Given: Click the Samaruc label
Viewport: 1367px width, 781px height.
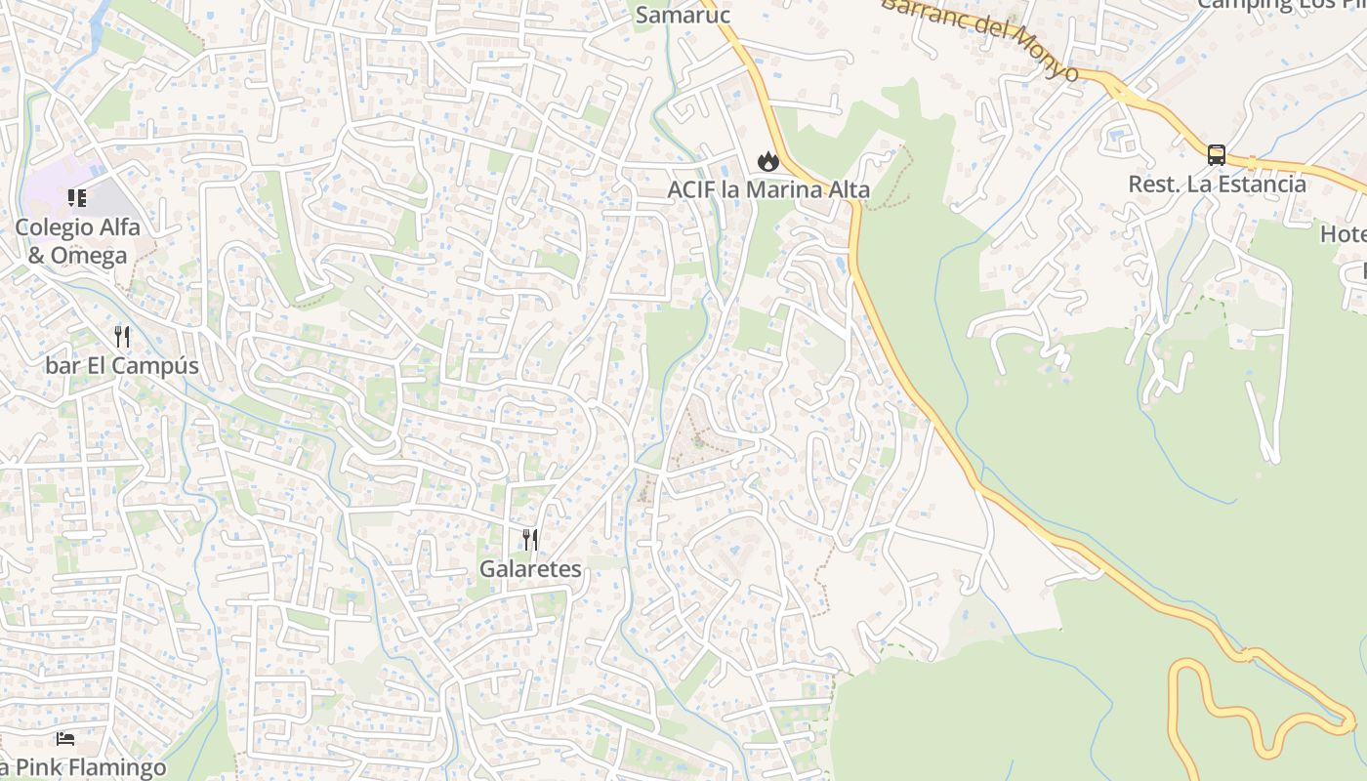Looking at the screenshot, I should [683, 15].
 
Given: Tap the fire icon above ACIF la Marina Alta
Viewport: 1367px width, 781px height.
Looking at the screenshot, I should [768, 161].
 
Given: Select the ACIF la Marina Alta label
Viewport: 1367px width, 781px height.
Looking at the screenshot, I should [768, 189].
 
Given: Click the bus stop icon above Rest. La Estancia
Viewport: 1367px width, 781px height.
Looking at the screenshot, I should [1217, 155].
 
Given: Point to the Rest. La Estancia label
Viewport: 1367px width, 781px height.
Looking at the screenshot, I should [1217, 184].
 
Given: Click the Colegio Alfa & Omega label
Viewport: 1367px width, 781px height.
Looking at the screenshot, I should [77, 241].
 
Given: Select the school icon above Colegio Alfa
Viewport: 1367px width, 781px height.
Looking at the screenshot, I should [77, 199].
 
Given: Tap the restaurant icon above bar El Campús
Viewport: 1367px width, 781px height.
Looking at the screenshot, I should [122, 337].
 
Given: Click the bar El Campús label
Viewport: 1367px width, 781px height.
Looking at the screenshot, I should [122, 366].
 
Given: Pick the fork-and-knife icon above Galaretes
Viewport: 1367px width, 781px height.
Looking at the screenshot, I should [530, 539].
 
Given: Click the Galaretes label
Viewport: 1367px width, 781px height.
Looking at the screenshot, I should [530, 568].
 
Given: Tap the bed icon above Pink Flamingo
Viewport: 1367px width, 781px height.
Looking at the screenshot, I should [65, 738].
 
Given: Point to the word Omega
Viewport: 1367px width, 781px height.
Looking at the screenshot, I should [91, 256].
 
